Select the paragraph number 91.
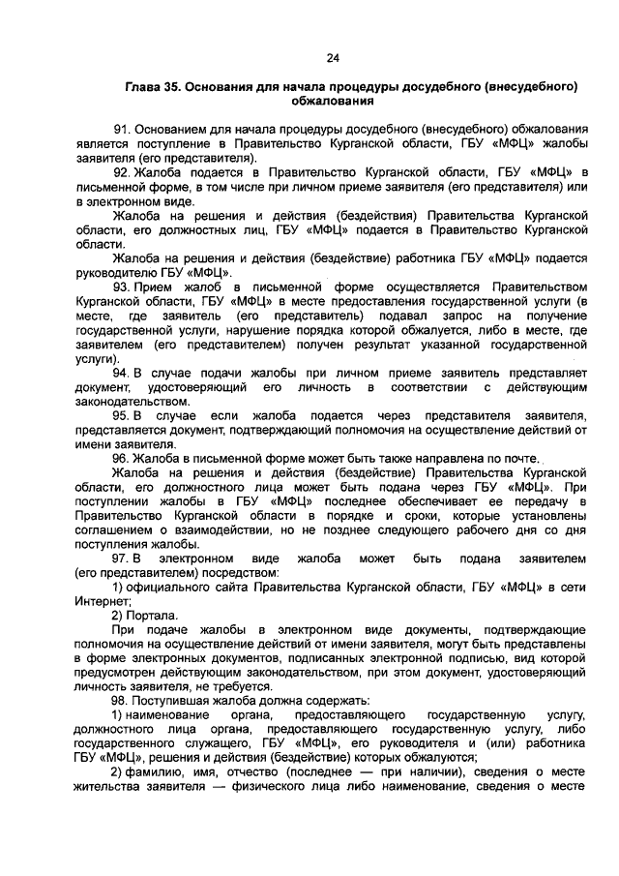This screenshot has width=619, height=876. (x=121, y=129)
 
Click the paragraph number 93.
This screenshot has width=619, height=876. (x=121, y=287)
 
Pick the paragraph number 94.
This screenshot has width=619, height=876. (x=121, y=373)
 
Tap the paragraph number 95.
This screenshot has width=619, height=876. (x=121, y=415)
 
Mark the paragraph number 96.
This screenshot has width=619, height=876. (x=121, y=458)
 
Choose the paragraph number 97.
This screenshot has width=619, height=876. (x=121, y=559)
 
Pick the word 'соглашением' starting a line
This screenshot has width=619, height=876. (x=111, y=529)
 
